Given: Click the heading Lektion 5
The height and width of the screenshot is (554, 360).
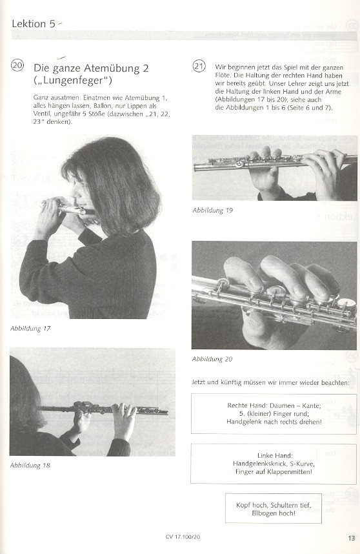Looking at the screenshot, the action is tap(34, 24).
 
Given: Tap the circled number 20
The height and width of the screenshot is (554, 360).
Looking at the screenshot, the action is tap(17, 65).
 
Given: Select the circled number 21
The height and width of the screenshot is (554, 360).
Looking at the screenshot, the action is tap(199, 66).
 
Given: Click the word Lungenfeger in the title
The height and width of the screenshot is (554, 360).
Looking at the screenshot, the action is tap(72, 81).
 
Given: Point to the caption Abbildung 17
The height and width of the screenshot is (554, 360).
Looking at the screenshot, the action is tap(30, 329).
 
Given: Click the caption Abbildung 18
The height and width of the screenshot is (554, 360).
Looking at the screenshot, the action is tap(30, 466).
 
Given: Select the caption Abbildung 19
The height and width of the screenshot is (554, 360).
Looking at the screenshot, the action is tap(212, 210).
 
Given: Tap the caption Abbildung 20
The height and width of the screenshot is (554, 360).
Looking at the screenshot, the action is tap(212, 359).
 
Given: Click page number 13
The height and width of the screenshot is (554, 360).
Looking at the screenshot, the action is tap(351, 538).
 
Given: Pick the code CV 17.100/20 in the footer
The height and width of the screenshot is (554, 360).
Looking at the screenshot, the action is tap(183, 537).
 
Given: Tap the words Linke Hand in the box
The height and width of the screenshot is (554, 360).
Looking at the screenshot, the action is tap(275, 456).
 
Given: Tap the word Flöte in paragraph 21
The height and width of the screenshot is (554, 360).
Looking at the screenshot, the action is tap(223, 76).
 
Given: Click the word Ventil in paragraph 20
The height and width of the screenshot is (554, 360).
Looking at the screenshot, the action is tap(41, 114).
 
